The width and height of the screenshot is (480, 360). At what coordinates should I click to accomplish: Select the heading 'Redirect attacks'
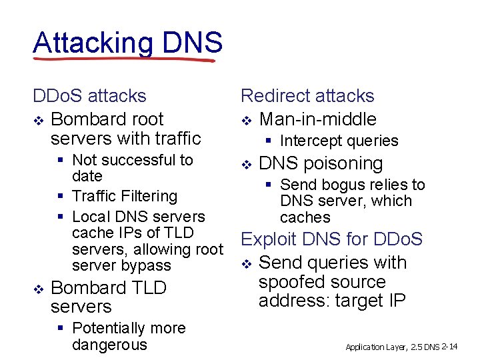click(307, 96)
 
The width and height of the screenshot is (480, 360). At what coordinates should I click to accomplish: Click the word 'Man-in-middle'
click(317, 119)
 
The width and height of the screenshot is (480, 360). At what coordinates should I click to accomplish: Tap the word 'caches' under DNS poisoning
click(305, 217)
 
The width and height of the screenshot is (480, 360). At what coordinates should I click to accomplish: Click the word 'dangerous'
click(109, 345)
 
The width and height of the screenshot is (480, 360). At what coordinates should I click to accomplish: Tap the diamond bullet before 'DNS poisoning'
click(245, 164)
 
